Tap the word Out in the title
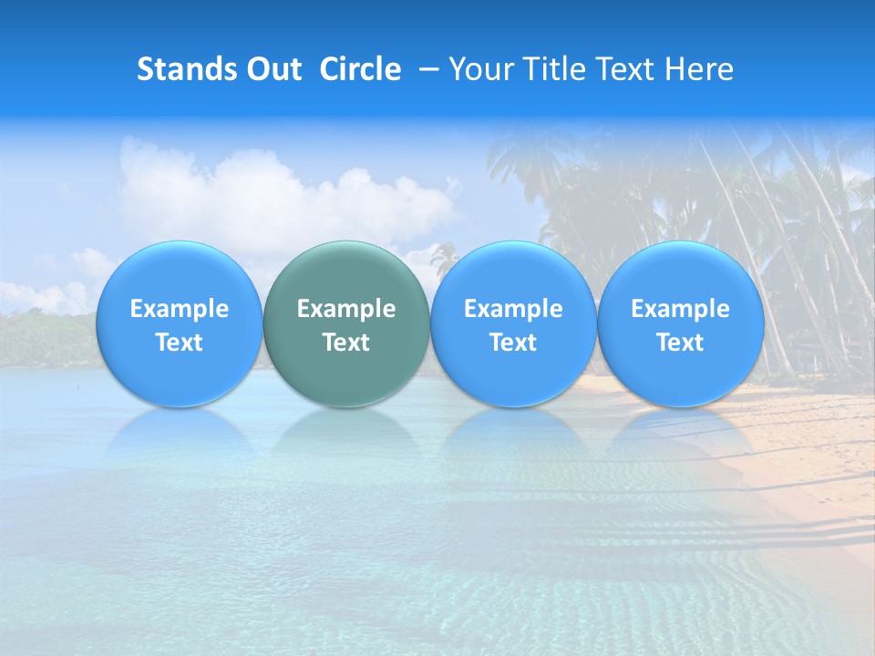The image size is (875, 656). (x=273, y=69)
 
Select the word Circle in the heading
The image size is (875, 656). (x=360, y=69)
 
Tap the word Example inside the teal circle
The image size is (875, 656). (x=346, y=309)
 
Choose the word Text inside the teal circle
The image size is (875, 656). (x=346, y=343)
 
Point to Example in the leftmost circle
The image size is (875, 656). (x=180, y=309)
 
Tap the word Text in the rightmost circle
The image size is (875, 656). (x=681, y=343)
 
